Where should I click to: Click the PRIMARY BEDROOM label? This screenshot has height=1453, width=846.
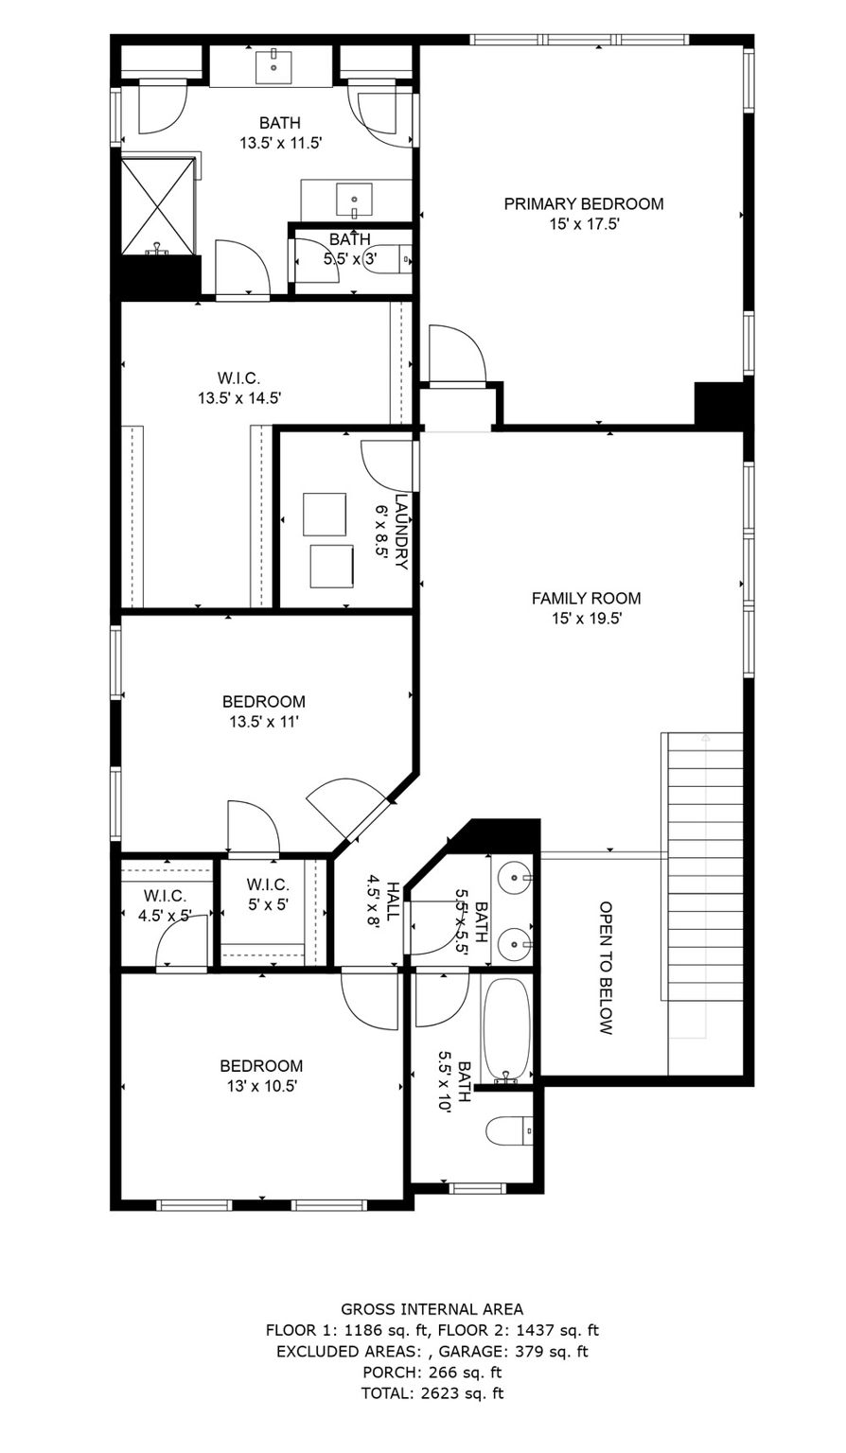coord(583,203)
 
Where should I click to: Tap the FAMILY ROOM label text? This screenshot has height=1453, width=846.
coord(586,598)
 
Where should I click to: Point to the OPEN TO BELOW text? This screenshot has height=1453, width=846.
coord(607,968)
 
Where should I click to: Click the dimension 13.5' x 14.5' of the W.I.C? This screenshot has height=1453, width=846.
coord(239,398)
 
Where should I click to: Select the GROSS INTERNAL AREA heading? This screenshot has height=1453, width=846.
coord(432,1309)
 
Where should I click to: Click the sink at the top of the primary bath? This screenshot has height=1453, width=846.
coord(272,65)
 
